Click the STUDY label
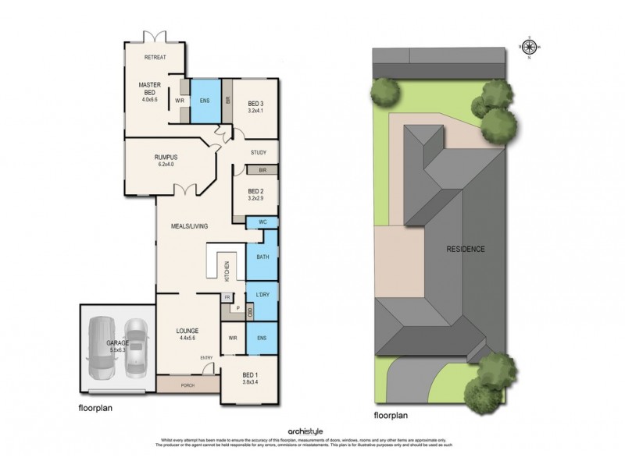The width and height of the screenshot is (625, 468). point(259,153)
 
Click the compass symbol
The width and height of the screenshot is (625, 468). point(529,47)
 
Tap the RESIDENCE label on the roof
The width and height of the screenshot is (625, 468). point(466,250)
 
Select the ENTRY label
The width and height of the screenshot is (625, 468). point(206,357)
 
